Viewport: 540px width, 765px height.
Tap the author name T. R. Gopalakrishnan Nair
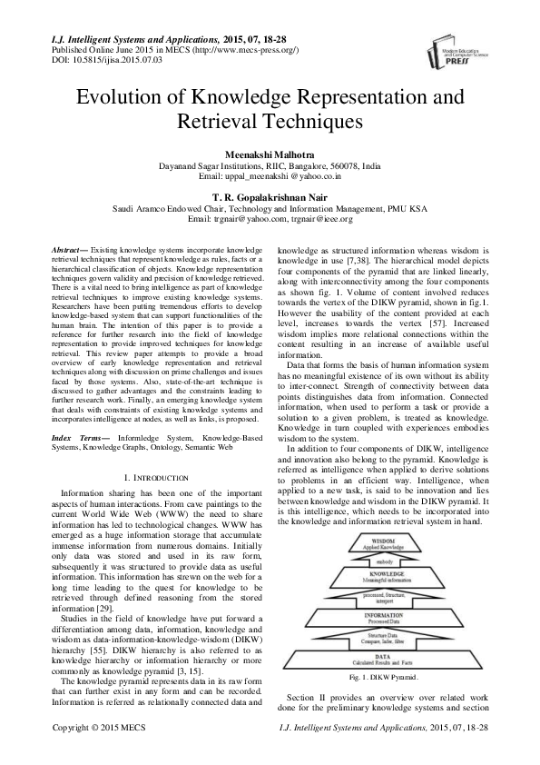(x=270, y=196)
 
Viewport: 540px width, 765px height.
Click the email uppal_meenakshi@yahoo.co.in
(x=270, y=178)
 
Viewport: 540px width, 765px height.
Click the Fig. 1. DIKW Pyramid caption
(x=384, y=678)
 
